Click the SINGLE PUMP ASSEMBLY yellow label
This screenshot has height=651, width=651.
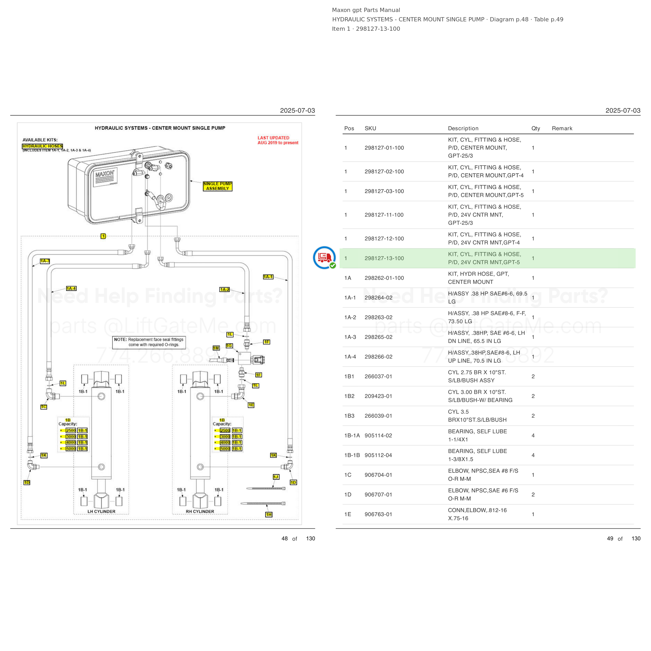pos(217,186)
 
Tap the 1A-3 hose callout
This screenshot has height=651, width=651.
pos(45,261)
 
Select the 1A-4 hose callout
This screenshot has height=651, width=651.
pos(71,289)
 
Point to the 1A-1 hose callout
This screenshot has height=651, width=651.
pos(268,277)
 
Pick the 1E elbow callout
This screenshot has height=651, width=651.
pos(251,405)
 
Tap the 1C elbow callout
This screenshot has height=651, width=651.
pos(44,407)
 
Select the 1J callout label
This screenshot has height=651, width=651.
pos(276,477)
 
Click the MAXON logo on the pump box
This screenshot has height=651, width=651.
pos(105,174)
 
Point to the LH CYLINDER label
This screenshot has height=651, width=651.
pos(101,511)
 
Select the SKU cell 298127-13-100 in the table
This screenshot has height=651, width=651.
pos(384,258)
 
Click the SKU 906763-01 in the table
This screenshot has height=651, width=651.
pos(378,515)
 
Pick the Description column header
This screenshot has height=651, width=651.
pos(463,128)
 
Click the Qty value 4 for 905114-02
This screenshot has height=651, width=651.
pos(533,436)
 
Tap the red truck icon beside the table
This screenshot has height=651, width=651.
pos(324,258)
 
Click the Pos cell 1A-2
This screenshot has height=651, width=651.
pos(350,317)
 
